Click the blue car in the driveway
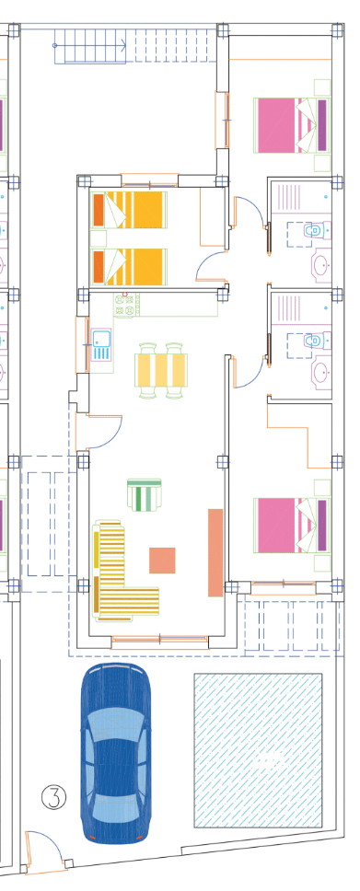[x=117, y=752]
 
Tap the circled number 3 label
[x=54, y=797]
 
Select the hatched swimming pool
[x=258, y=750]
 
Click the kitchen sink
[x=102, y=344]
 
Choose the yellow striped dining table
[x=161, y=370]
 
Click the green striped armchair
[x=145, y=494]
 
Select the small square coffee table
[x=162, y=561]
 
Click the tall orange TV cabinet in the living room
[x=215, y=552]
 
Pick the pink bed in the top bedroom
[x=292, y=125]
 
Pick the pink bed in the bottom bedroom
[x=292, y=525]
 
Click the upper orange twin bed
[x=130, y=209]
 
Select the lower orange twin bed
[x=130, y=267]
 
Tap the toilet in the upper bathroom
[x=314, y=230]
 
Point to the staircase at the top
[x=136, y=45]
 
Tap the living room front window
[x=160, y=642]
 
